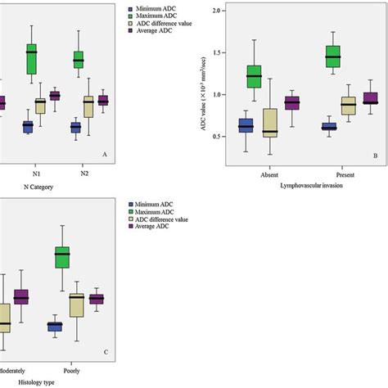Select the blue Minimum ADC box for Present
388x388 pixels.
[x=329, y=127]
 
